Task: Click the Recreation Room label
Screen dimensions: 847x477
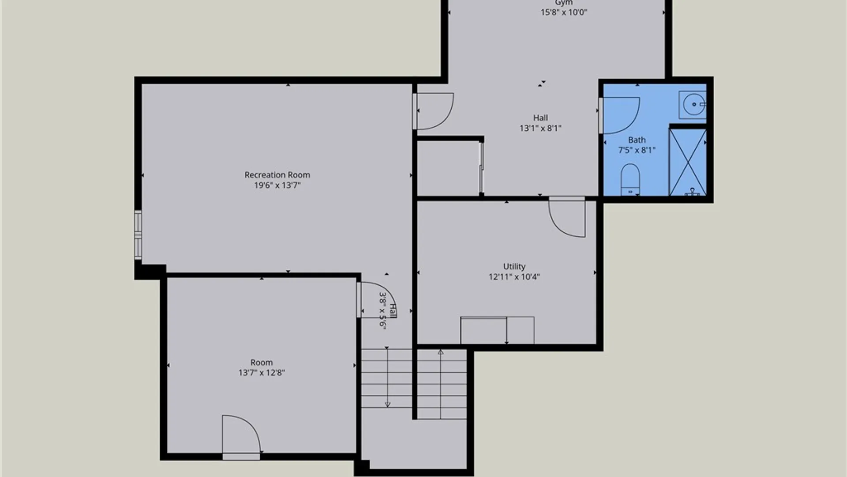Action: click(x=277, y=175)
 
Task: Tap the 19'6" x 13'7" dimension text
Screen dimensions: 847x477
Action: click(x=277, y=185)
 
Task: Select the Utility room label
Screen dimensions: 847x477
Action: click(x=514, y=267)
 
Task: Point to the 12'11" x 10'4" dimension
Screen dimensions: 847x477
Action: click(x=514, y=277)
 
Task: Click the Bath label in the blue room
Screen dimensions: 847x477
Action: click(x=637, y=140)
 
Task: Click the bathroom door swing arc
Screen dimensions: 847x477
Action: click(x=633, y=121)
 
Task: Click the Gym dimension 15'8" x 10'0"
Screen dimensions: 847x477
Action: click(x=564, y=12)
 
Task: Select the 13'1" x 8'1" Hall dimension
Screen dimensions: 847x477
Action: click(x=540, y=129)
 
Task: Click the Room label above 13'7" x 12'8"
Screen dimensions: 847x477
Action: click(x=262, y=363)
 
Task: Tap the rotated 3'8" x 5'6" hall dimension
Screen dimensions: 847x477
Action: click(x=383, y=311)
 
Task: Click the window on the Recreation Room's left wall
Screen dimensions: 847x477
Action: click(x=138, y=235)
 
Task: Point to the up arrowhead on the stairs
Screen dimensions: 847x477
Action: click(x=440, y=352)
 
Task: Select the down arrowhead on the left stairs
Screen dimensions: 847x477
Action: click(x=387, y=404)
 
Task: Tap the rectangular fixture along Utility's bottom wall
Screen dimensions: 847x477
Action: click(x=497, y=330)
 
